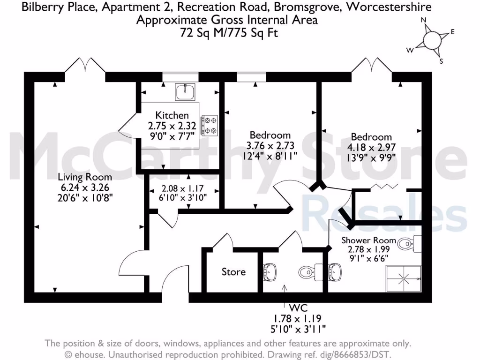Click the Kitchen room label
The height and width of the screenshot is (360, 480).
point(172,115)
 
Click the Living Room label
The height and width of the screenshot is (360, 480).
point(85,177)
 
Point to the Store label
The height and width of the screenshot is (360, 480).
point(233,272)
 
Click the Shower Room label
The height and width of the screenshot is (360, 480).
point(368,240)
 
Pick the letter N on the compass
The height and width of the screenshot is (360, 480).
point(423,20)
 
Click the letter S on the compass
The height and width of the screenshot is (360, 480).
point(441,61)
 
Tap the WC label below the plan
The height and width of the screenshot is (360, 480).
point(299,308)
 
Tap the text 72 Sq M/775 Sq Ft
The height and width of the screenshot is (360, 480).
point(226,33)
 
